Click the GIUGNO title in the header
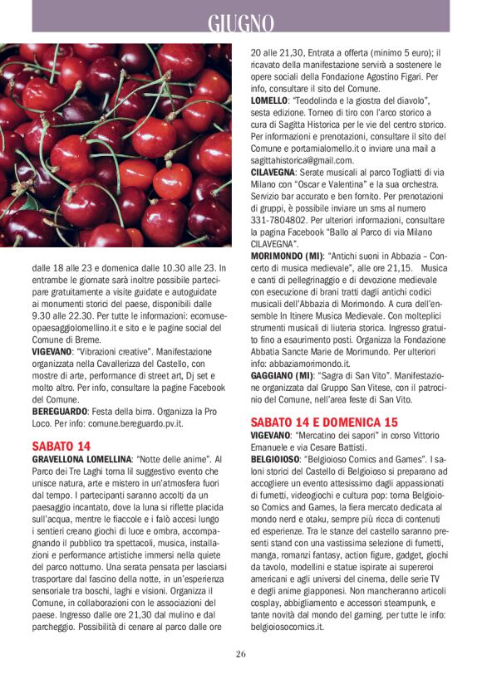click(240, 22)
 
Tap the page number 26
click(240, 653)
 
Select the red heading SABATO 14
click(61, 446)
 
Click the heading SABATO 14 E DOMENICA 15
click(324, 421)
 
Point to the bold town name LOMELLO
click(269, 100)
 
